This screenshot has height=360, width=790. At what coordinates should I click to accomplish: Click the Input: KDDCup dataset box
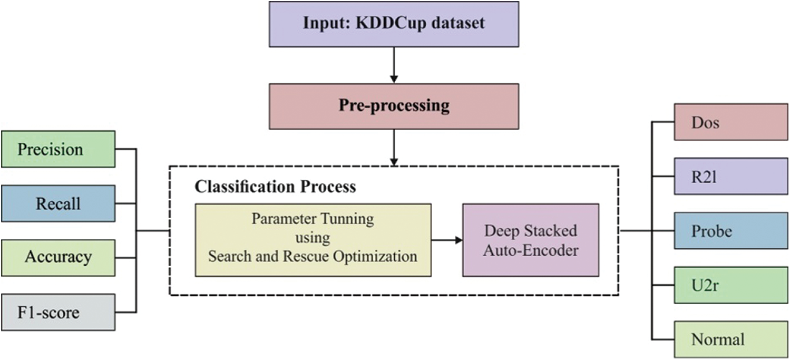click(x=394, y=23)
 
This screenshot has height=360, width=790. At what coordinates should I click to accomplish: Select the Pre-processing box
click(x=394, y=106)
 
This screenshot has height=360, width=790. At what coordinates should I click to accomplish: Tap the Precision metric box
click(x=58, y=149)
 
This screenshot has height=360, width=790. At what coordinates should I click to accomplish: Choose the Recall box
click(x=58, y=203)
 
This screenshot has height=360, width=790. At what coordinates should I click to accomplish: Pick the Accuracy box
click(x=58, y=257)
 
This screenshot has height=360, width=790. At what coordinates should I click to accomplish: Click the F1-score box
click(x=58, y=312)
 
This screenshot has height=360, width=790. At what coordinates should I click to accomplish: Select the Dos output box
click(x=731, y=123)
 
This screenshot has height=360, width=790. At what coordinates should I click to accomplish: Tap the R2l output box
click(x=731, y=177)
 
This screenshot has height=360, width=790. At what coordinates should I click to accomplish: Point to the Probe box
click(x=731, y=231)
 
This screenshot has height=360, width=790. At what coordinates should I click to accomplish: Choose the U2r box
click(x=731, y=285)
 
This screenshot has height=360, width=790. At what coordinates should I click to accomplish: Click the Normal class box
click(x=731, y=339)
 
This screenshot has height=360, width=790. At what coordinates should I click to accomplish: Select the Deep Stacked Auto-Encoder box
click(x=531, y=240)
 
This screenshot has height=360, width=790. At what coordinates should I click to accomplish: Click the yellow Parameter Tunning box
click(x=313, y=240)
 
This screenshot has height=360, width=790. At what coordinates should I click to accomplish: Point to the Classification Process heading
click(x=275, y=187)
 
